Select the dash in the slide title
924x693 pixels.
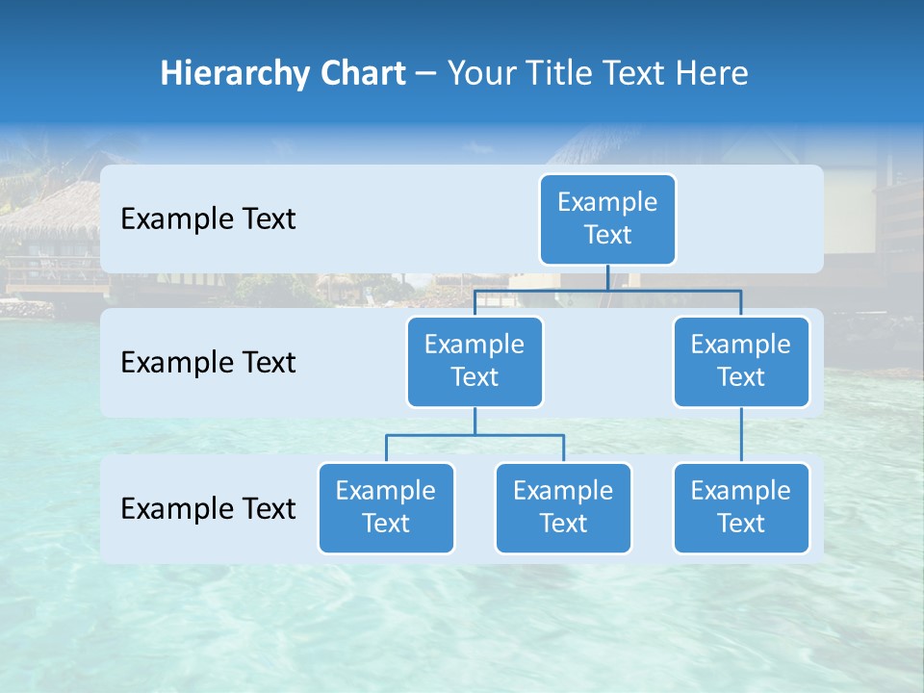pyautogui.click(x=426, y=74)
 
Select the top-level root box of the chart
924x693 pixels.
pyautogui.click(x=607, y=218)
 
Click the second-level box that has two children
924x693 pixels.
pyautogui.click(x=475, y=361)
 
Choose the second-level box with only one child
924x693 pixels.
pyautogui.click(x=741, y=361)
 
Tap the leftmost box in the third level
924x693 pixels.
pyautogui.click(x=386, y=507)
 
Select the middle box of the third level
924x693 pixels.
pyautogui.click(x=563, y=507)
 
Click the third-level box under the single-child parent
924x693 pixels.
pyautogui.click(x=741, y=507)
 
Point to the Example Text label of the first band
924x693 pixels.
pyautogui.click(x=208, y=219)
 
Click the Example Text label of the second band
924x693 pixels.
pyautogui.click(x=208, y=363)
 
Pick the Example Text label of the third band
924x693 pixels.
pyautogui.click(x=208, y=508)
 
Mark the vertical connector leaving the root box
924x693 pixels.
pyautogui.click(x=607, y=277)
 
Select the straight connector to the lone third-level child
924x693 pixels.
pyautogui.click(x=741, y=435)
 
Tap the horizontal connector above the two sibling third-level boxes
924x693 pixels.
pyautogui.click(x=475, y=435)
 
